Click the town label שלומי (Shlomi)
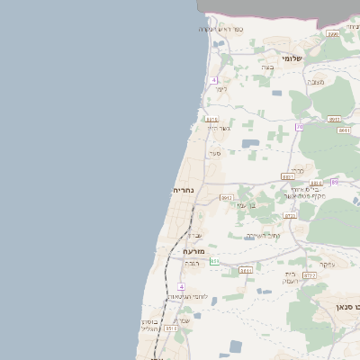pos(292,58)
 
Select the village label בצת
pos(266,67)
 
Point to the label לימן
pos(221,88)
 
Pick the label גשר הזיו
pos(219,128)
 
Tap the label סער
pos(215,154)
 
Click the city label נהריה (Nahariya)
pos(184,192)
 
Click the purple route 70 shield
pos(299,127)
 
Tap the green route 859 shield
pos(215,261)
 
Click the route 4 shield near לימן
pos(215,81)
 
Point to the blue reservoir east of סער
pos(249,142)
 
